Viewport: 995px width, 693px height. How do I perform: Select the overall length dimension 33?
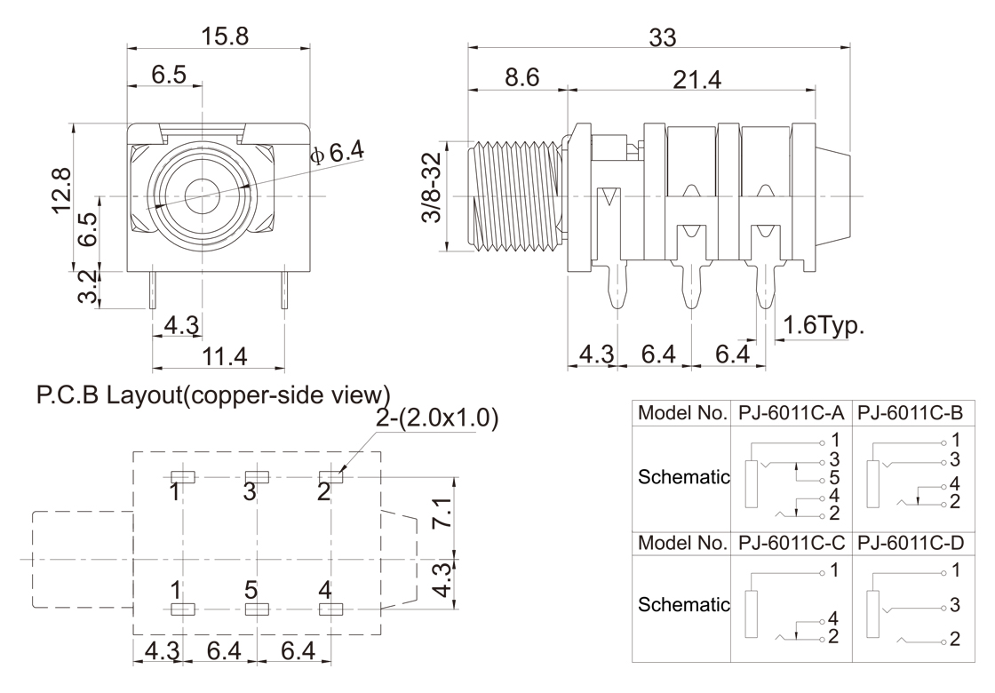point(662,37)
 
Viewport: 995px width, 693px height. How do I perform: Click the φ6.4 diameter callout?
point(337,154)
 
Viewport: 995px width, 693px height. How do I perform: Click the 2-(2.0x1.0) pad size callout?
point(437,418)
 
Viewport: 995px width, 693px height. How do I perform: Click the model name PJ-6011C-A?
point(790,414)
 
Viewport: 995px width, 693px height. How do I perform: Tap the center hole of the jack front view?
point(203,195)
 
